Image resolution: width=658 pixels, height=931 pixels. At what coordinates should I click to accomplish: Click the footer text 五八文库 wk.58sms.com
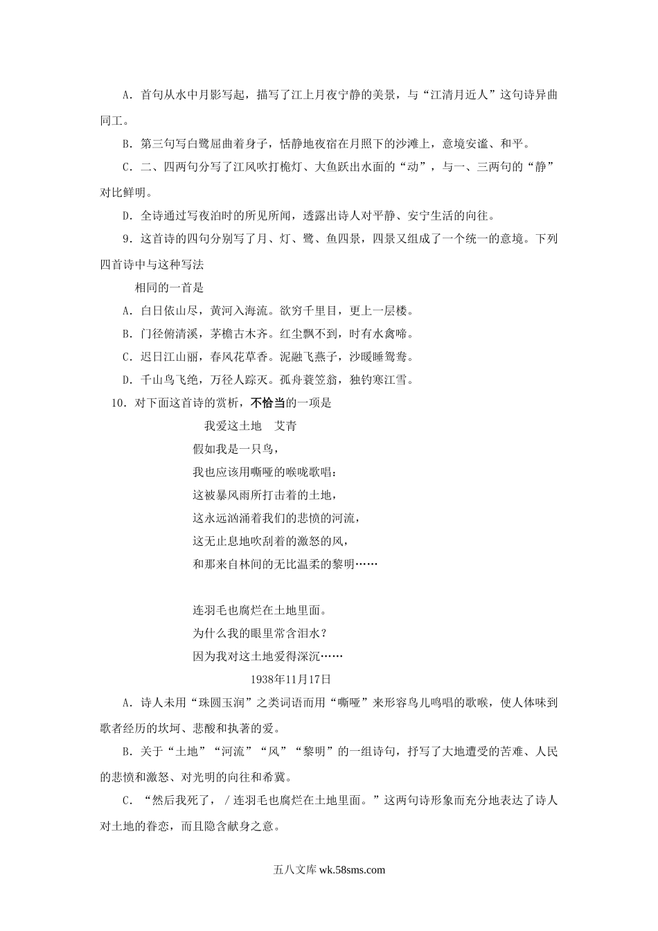pyautogui.click(x=329, y=870)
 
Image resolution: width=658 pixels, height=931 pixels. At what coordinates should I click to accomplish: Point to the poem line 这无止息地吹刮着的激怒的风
pyautogui.click(x=269, y=541)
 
